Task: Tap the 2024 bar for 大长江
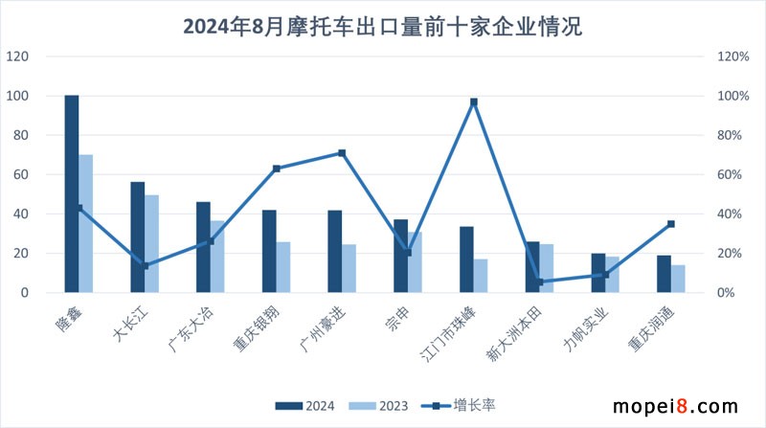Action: click(x=138, y=237)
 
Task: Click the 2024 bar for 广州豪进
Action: click(x=335, y=251)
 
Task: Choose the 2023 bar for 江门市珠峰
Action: click(x=481, y=276)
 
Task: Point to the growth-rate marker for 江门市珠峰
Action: click(x=474, y=101)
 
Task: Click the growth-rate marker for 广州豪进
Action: click(x=342, y=153)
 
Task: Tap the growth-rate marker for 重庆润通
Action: click(x=671, y=224)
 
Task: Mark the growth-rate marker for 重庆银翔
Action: click(x=277, y=169)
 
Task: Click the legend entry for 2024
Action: click(x=305, y=405)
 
